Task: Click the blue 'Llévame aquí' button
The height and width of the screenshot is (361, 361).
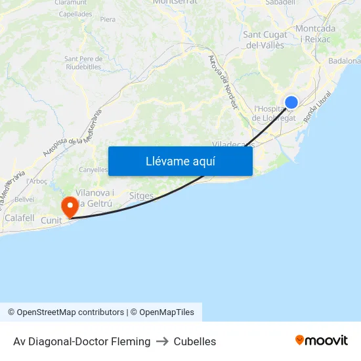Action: coord(180,161)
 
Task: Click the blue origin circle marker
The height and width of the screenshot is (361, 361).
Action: coord(291,102)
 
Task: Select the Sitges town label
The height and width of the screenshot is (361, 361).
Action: coord(141,196)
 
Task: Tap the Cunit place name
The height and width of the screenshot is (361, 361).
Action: coord(51,221)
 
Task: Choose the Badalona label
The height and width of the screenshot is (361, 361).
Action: coord(345,61)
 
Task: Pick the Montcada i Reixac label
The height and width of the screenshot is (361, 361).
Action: coord(316,33)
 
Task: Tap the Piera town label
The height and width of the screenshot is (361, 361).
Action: coord(108,20)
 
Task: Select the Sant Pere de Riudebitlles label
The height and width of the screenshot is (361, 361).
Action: coord(83,62)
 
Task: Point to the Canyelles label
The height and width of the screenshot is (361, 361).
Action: coord(93,169)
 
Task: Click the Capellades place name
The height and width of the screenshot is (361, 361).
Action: coord(75,13)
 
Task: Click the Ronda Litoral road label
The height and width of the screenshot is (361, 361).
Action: coord(317,106)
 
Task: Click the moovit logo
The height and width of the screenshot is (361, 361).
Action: coord(321,341)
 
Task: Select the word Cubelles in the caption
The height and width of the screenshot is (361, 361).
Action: coord(195,341)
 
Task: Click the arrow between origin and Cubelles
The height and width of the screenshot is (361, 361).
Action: coord(162,341)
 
